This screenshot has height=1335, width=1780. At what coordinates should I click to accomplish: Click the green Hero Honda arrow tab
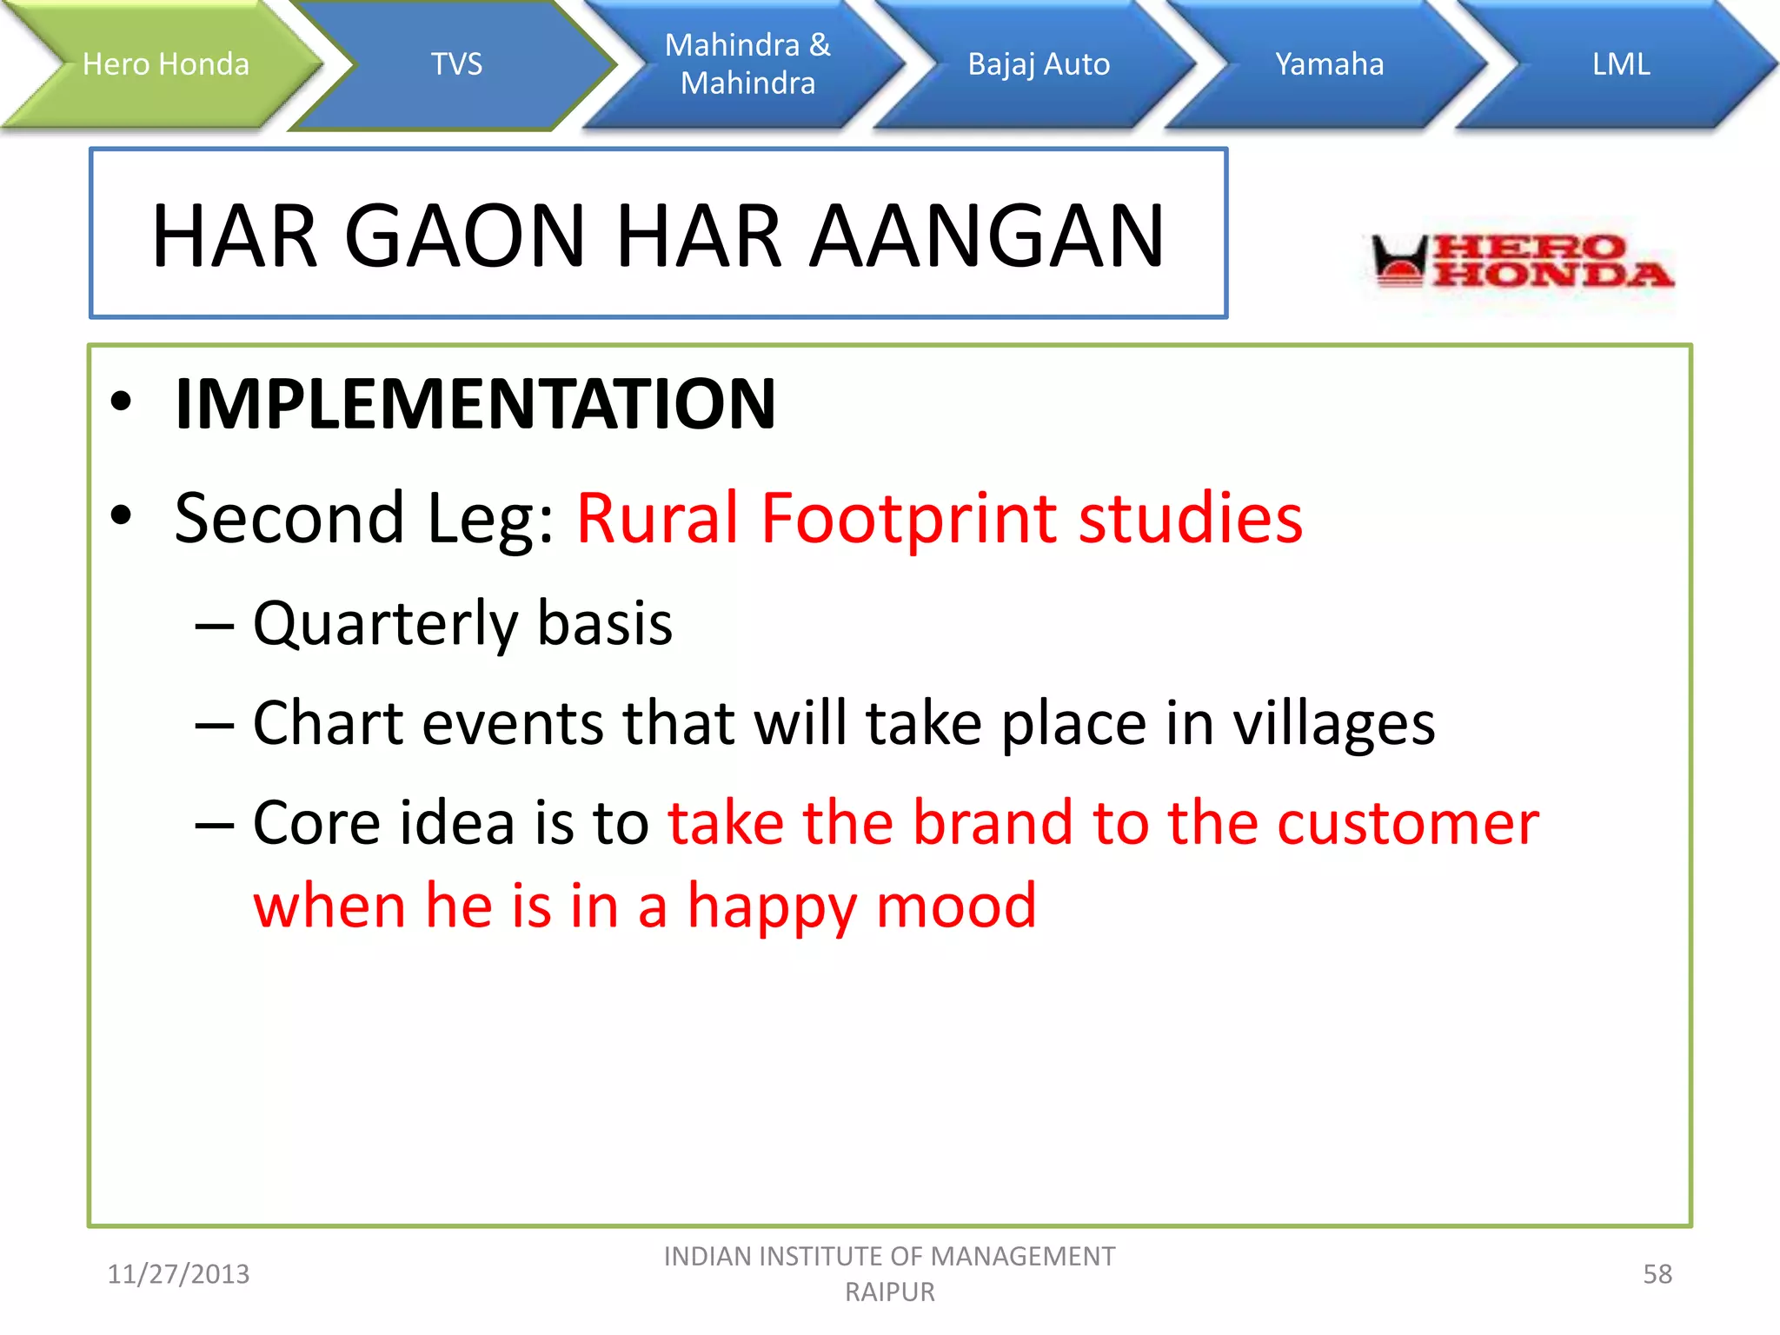pyautogui.click(x=165, y=64)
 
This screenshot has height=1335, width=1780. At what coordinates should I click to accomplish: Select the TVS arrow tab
pyautogui.click(x=456, y=64)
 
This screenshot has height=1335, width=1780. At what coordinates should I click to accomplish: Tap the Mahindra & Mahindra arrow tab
pyautogui.click(x=747, y=64)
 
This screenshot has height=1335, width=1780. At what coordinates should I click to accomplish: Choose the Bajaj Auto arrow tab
pyautogui.click(x=1039, y=64)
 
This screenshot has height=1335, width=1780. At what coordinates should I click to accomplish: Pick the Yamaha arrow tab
pyautogui.click(x=1329, y=64)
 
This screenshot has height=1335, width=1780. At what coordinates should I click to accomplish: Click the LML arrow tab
pyautogui.click(x=1621, y=64)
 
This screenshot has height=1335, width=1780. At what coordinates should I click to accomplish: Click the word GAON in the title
pyautogui.click(x=466, y=236)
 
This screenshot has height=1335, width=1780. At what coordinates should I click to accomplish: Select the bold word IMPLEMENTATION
pyautogui.click(x=475, y=404)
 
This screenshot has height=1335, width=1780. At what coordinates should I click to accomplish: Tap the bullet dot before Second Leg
pyautogui.click(x=121, y=515)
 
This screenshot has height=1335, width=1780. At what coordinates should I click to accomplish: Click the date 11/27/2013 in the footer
pyautogui.click(x=178, y=1274)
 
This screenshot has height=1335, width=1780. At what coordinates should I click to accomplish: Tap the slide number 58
pyautogui.click(x=1657, y=1274)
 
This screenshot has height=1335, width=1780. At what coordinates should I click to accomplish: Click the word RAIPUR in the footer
pyautogui.click(x=889, y=1292)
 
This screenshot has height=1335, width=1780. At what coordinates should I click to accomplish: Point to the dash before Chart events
pyautogui.click(x=214, y=725)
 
